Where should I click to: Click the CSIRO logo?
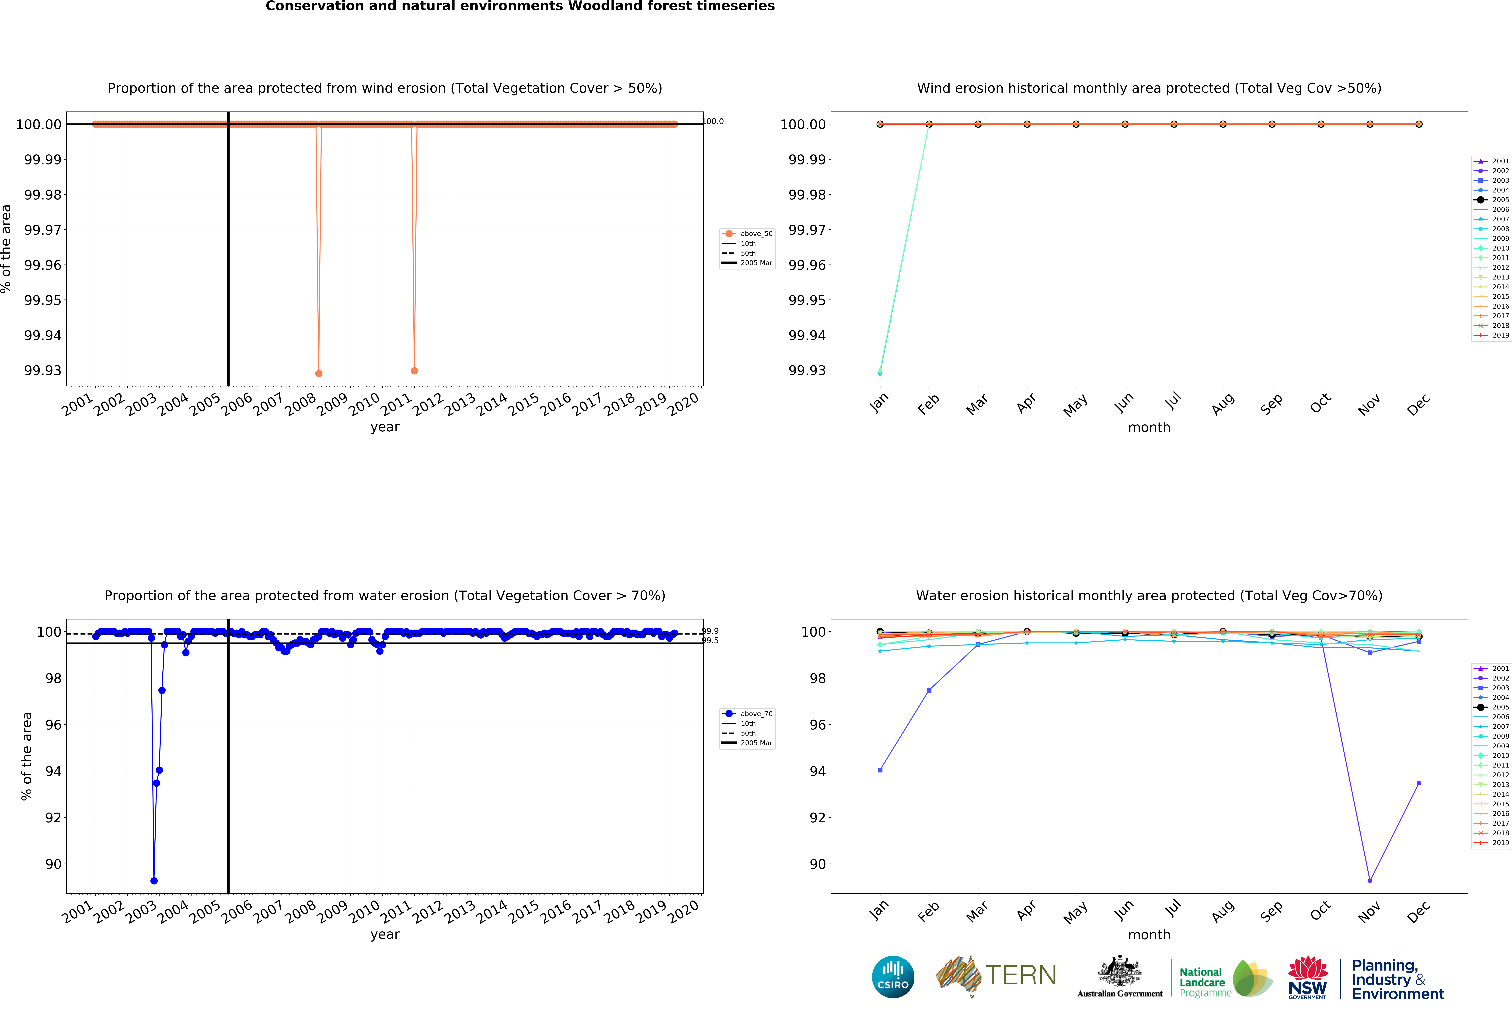[893, 977]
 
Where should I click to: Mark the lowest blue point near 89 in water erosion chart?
[153, 881]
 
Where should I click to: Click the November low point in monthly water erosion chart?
[1369, 881]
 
